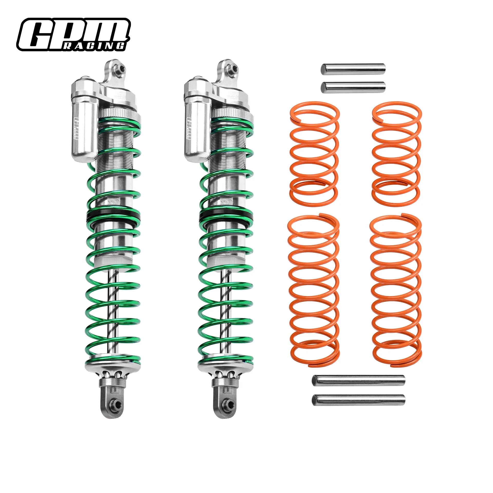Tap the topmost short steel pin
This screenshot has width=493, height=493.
[353, 69]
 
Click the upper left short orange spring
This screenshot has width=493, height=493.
[314, 154]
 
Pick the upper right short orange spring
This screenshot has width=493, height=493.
[397, 154]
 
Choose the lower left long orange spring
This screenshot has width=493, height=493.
[313, 290]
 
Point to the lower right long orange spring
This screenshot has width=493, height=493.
[396, 290]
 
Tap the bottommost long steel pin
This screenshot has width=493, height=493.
[358, 400]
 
